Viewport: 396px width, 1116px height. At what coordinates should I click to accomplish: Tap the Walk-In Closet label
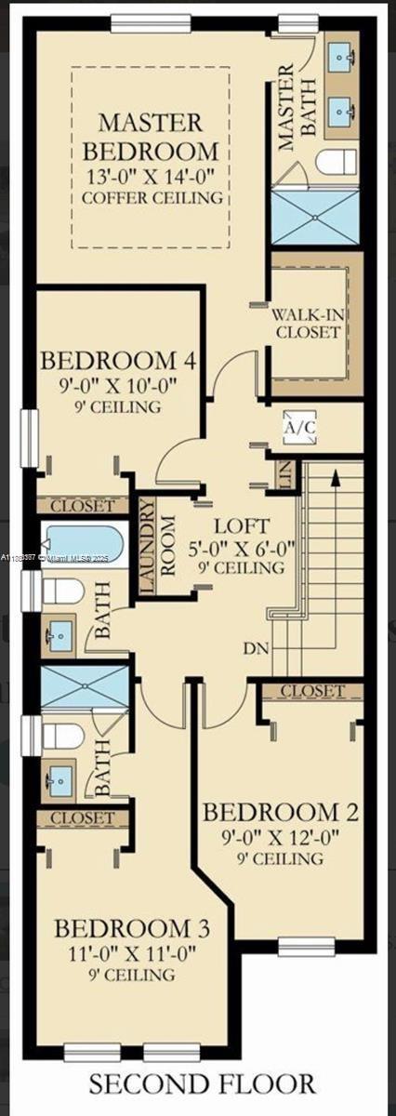[x=307, y=321]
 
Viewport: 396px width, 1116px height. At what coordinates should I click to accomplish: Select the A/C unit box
[x=300, y=428]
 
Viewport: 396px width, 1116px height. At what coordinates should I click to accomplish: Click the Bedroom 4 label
[x=112, y=360]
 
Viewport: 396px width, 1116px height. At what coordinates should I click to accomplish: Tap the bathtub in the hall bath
[x=84, y=547]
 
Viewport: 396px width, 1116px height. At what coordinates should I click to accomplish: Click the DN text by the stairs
[x=257, y=644]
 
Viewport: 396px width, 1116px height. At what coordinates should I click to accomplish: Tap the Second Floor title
[x=202, y=1084]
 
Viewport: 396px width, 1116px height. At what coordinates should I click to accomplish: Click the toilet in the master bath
[x=336, y=162]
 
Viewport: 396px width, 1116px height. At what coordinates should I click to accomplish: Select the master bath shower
[x=313, y=215]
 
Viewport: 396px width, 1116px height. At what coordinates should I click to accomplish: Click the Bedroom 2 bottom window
[x=306, y=948]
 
